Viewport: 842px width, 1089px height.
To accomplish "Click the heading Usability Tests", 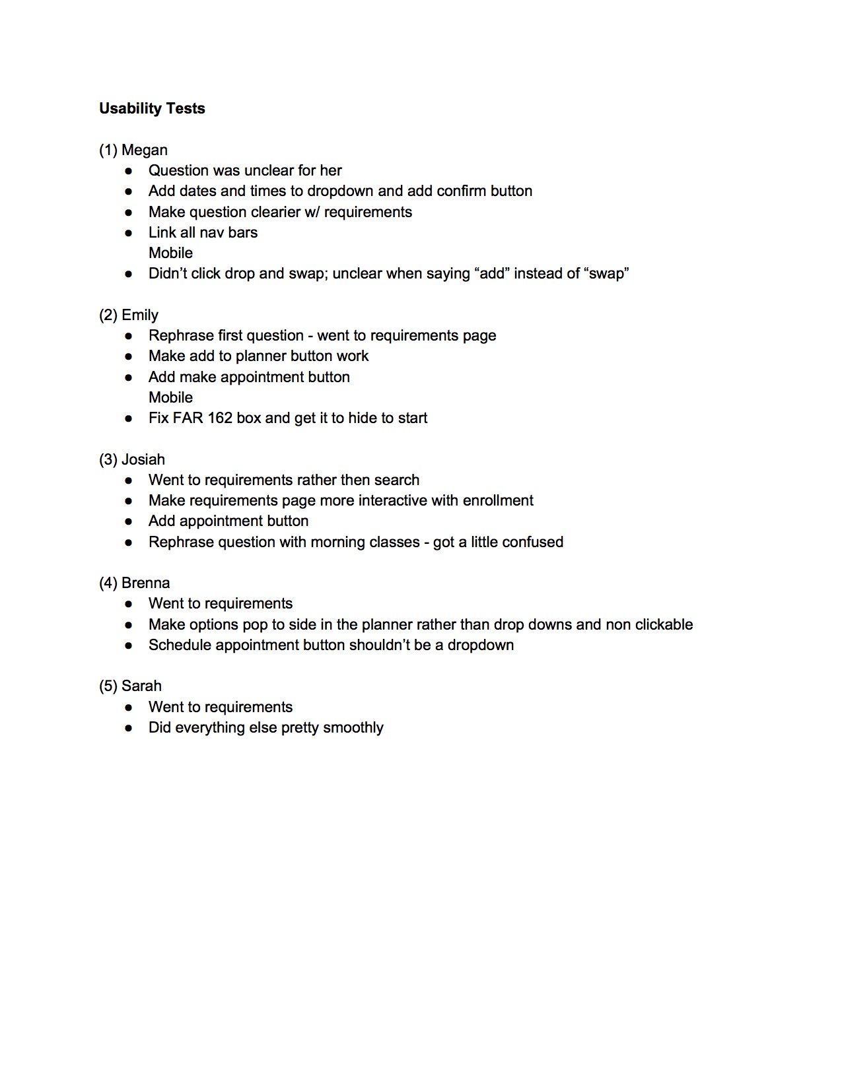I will (x=152, y=108).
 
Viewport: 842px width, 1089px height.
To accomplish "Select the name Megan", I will (x=144, y=150).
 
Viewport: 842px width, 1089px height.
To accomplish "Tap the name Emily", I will (x=140, y=315).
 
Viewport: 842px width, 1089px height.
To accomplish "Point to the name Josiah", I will (x=143, y=459).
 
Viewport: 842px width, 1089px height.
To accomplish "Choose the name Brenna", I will (x=145, y=583).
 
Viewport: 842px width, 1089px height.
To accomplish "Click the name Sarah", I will (x=141, y=686).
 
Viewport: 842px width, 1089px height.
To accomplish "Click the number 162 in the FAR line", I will (x=220, y=418).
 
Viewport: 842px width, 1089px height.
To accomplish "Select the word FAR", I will (x=188, y=418).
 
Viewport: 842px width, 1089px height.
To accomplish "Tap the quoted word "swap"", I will (x=607, y=273).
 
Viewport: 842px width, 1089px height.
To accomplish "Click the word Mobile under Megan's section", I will (x=170, y=253).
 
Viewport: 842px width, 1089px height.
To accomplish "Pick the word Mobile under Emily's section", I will (x=170, y=397).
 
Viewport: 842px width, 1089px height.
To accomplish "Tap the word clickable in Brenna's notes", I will (x=664, y=624).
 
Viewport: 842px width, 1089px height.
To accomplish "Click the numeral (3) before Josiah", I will (x=108, y=459).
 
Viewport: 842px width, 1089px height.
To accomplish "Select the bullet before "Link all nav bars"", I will (x=129, y=233).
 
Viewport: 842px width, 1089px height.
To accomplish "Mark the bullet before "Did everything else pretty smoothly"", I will (x=129, y=728).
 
